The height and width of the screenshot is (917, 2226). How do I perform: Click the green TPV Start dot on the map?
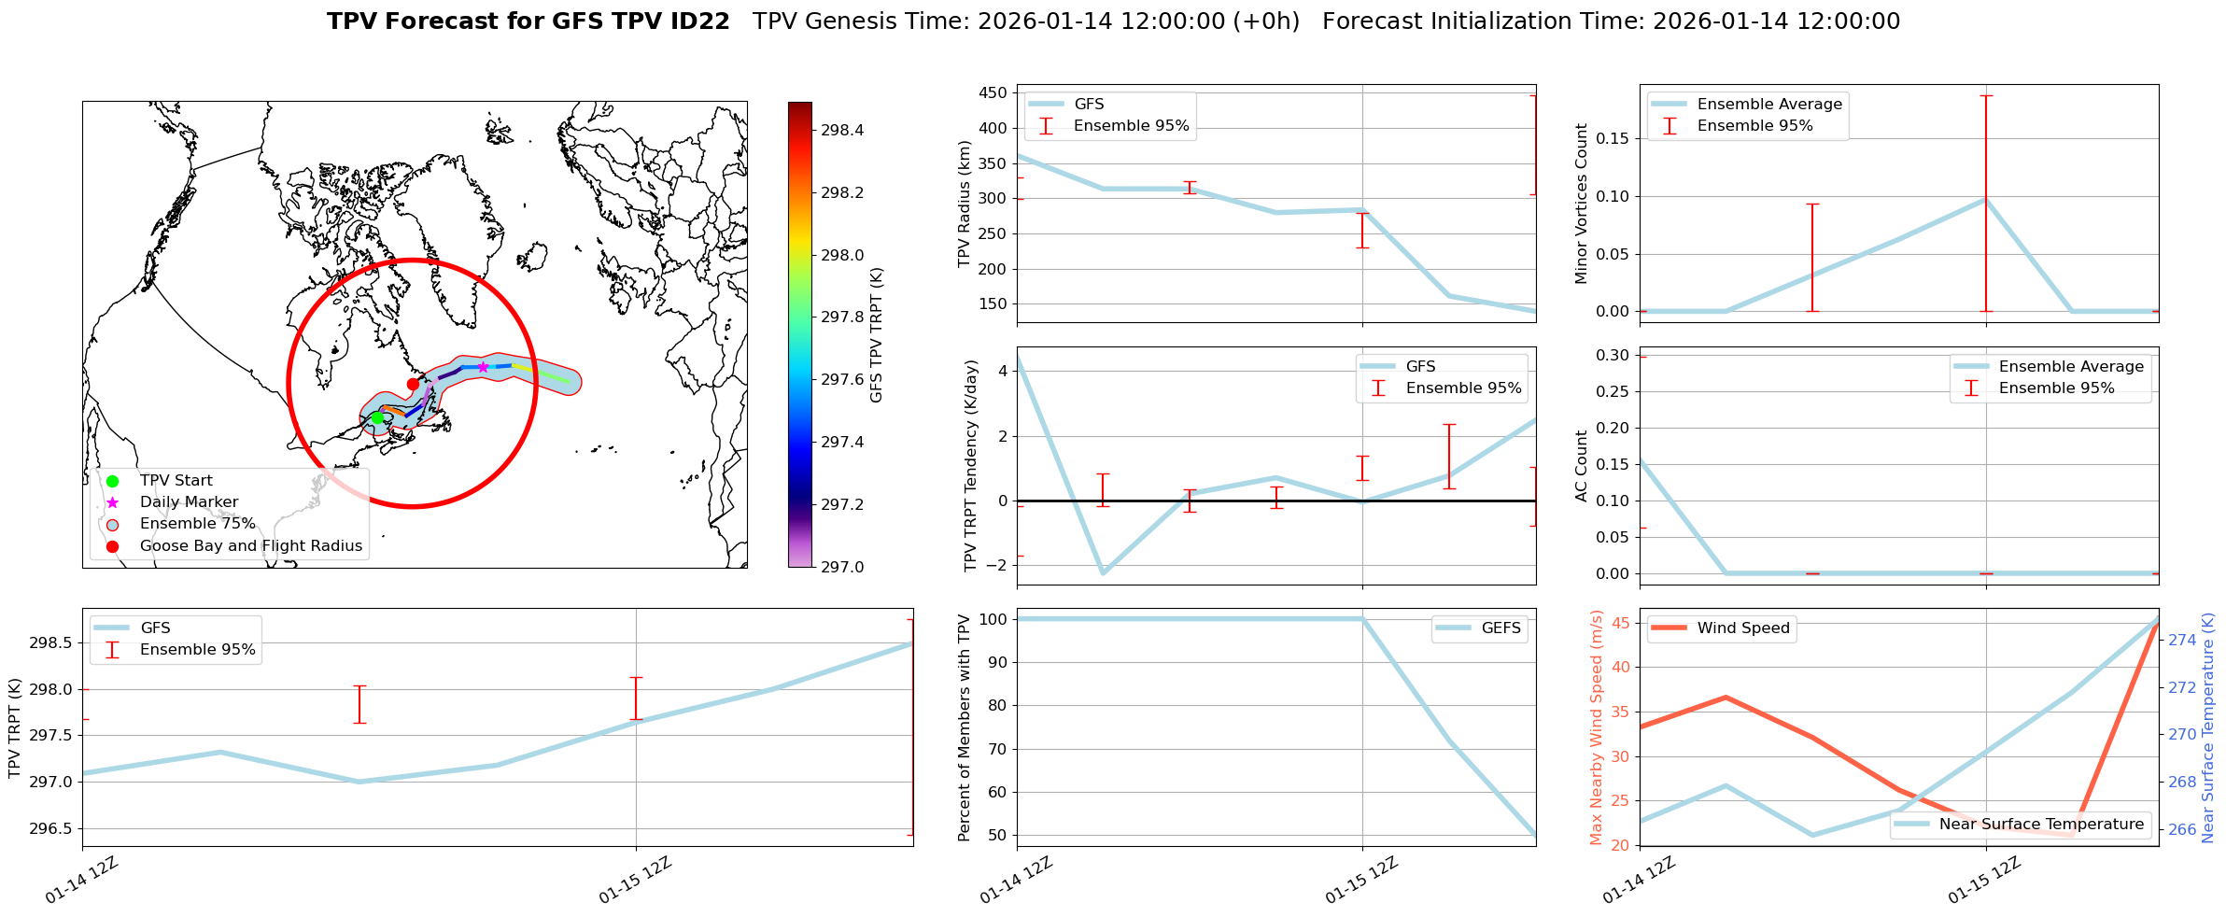pyautogui.click(x=377, y=417)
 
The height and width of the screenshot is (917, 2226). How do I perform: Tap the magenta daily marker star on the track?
pyautogui.click(x=483, y=367)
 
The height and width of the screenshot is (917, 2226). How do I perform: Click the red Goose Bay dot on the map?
pyautogui.click(x=413, y=384)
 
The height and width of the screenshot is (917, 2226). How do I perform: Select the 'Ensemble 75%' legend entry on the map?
pyautogui.click(x=197, y=524)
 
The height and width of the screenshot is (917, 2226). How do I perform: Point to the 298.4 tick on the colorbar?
pyautogui.click(x=841, y=131)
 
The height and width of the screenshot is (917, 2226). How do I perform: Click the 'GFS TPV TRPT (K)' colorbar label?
pyautogui.click(x=876, y=335)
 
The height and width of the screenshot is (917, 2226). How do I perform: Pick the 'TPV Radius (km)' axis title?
pyautogui.click(x=965, y=204)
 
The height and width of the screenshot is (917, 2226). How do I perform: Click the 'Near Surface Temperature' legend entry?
pyautogui.click(x=2040, y=825)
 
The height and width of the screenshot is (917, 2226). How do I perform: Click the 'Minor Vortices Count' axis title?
pyautogui.click(x=1581, y=204)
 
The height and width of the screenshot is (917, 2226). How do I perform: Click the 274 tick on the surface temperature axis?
pyautogui.click(x=2182, y=641)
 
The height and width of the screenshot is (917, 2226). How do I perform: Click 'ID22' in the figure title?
pyautogui.click(x=701, y=21)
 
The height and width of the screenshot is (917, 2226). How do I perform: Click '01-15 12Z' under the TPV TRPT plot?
pyautogui.click(x=636, y=881)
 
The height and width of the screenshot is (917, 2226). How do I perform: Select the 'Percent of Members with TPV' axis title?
pyautogui.click(x=965, y=727)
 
